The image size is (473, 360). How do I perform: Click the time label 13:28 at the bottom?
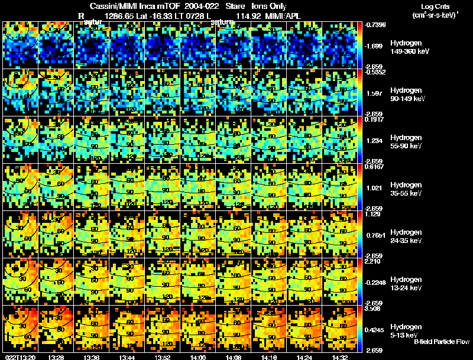pyautogui.click(x=56, y=357)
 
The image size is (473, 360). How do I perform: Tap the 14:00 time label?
pyautogui.click(x=198, y=357)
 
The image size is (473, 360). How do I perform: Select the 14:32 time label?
pyautogui.click(x=340, y=357)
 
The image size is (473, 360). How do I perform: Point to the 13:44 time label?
pyautogui.click(x=127, y=357)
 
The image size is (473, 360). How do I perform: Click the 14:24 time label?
pyautogui.click(x=304, y=357)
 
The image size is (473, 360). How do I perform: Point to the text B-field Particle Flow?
pyautogui.click(x=441, y=342)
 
